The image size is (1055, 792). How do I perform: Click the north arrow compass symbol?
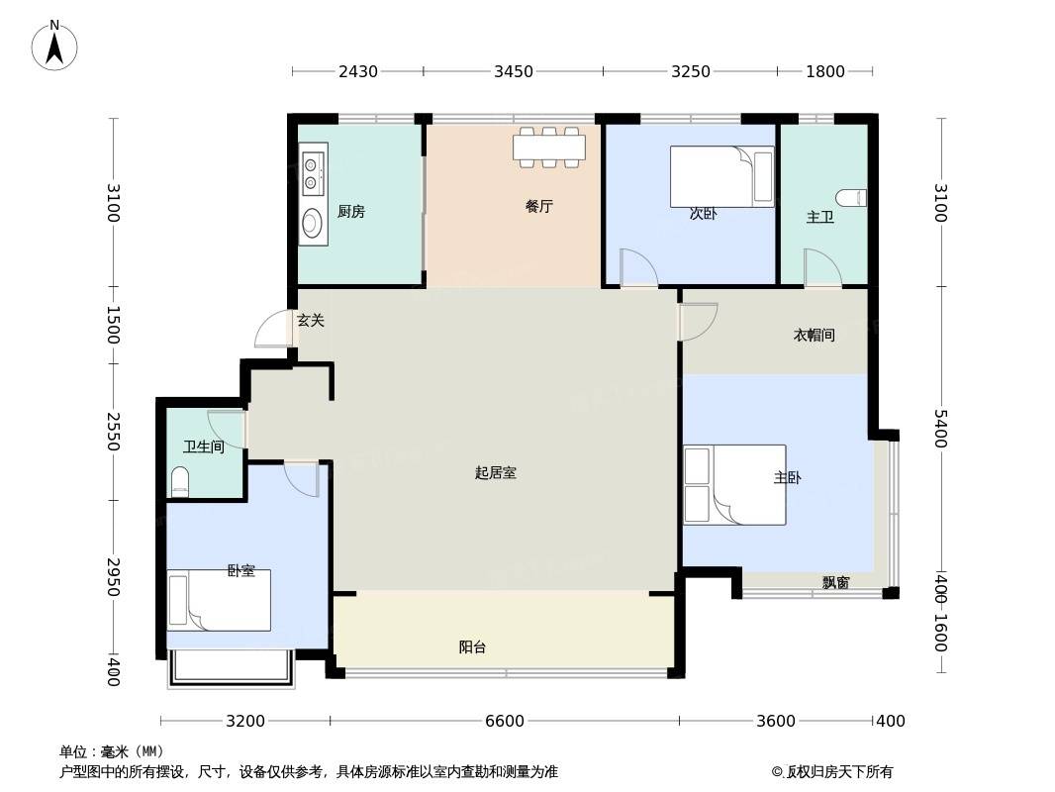[x=54, y=46]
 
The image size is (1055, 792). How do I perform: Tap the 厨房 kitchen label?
[x=351, y=211]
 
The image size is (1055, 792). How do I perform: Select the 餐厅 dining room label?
[x=539, y=206]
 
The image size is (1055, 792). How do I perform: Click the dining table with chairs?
[x=549, y=147]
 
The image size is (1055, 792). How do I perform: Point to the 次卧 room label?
[x=703, y=213]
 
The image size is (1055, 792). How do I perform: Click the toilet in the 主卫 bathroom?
[x=851, y=199]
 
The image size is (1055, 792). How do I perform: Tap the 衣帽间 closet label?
[x=815, y=335]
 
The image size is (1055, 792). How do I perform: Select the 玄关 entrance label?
[x=311, y=321]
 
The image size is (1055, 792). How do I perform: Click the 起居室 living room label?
[x=495, y=472]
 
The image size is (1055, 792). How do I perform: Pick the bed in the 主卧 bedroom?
[x=734, y=484]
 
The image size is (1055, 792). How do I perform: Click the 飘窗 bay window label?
[x=835, y=583]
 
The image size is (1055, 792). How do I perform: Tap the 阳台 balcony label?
[x=472, y=647]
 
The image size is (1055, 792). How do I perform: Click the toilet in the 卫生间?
[x=180, y=481]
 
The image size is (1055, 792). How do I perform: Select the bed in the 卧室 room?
[x=220, y=600]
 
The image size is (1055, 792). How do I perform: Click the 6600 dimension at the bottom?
[x=505, y=722]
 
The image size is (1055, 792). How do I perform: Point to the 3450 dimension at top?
[x=514, y=71]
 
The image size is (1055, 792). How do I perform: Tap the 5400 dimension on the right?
[x=940, y=428]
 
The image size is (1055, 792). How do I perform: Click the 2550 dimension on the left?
[x=113, y=432]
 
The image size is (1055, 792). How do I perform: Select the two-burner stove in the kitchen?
[x=312, y=172]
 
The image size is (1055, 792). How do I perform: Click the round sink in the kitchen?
[x=312, y=222]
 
